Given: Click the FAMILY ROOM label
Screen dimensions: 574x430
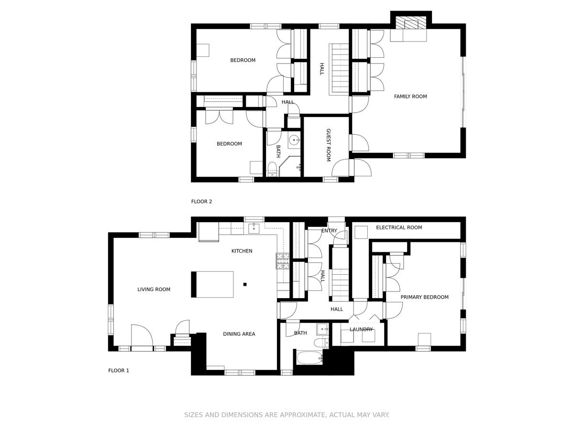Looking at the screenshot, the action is (x=410, y=97).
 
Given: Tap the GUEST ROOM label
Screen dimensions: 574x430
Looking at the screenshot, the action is (x=329, y=145).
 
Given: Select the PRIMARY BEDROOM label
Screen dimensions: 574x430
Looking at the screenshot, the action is (x=424, y=297).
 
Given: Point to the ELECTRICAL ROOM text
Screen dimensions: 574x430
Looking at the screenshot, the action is (x=399, y=227).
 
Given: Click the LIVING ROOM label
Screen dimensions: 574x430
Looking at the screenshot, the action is (x=154, y=289).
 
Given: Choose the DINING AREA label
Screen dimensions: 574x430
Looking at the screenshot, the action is (x=239, y=333).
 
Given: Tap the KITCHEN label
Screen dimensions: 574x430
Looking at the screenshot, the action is (x=242, y=251).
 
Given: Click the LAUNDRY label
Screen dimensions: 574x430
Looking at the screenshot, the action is (x=361, y=330).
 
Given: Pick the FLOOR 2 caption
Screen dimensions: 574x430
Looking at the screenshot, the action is (x=201, y=201).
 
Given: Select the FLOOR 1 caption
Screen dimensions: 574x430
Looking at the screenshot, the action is (x=119, y=370).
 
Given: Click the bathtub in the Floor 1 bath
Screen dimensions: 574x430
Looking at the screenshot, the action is (x=309, y=358).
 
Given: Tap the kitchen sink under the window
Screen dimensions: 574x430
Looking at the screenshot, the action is (x=254, y=228).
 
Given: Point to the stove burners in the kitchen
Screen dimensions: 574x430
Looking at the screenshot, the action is (x=283, y=261).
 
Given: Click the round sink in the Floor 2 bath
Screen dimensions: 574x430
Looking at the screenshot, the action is (x=295, y=140).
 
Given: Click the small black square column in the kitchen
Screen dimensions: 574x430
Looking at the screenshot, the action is (x=245, y=284).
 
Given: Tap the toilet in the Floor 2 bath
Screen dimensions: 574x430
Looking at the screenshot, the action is (x=272, y=169).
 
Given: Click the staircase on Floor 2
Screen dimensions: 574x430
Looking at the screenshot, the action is (x=340, y=69).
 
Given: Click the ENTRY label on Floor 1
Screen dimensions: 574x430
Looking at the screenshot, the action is (x=329, y=231).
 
